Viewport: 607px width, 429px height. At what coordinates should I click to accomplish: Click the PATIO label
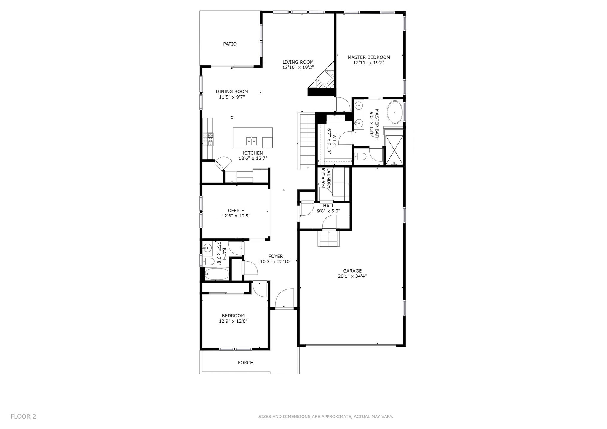pos(230,44)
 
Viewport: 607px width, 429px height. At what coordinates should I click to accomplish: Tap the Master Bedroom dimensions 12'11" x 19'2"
pos(369,63)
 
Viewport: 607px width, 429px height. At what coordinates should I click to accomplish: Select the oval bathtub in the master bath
pos(395,113)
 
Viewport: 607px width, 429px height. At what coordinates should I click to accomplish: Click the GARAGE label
pos(352,271)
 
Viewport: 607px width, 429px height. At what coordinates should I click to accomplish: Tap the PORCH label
pos(245,363)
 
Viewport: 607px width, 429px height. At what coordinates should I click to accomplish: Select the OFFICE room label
pos(236,211)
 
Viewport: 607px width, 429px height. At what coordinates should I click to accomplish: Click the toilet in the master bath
pos(360,156)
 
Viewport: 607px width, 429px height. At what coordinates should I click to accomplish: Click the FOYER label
pos(276,257)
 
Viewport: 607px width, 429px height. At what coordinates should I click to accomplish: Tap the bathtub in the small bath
pos(216,274)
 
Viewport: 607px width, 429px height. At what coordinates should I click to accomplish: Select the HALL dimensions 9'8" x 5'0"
pos(328,211)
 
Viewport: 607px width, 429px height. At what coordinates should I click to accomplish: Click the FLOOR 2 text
pos(23,417)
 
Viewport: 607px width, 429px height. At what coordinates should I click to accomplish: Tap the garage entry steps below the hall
pos(328,239)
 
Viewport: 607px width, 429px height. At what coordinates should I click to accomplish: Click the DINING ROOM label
pos(232,92)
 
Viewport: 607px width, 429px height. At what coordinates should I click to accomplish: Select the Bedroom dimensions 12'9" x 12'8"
pos(231,321)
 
